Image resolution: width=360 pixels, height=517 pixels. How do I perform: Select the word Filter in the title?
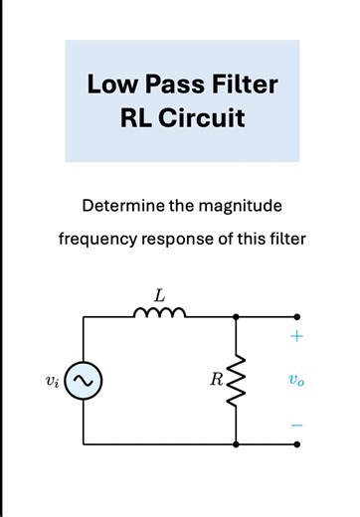click(x=242, y=85)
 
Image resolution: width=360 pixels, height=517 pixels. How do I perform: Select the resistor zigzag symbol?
click(x=237, y=380)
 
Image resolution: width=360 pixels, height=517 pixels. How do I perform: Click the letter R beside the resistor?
click(x=215, y=380)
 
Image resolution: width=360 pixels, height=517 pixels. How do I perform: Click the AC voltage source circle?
click(x=83, y=380)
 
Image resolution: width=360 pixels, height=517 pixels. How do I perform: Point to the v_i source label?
click(x=53, y=380)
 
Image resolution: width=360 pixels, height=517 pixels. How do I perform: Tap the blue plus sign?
click(x=296, y=336)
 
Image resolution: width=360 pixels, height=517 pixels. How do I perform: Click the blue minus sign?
click(x=296, y=426)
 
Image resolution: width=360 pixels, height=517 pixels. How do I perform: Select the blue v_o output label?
click(x=296, y=380)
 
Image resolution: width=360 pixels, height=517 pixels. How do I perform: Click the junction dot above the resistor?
click(x=237, y=316)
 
